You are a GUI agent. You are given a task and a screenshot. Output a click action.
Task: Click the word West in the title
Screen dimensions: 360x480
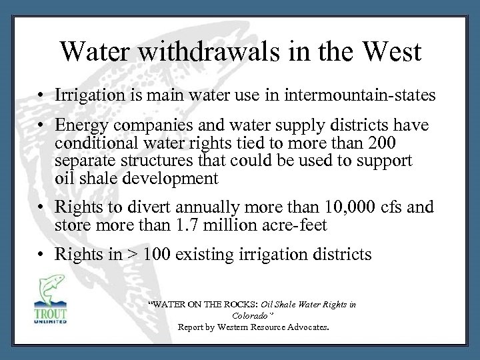[x=389, y=53]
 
